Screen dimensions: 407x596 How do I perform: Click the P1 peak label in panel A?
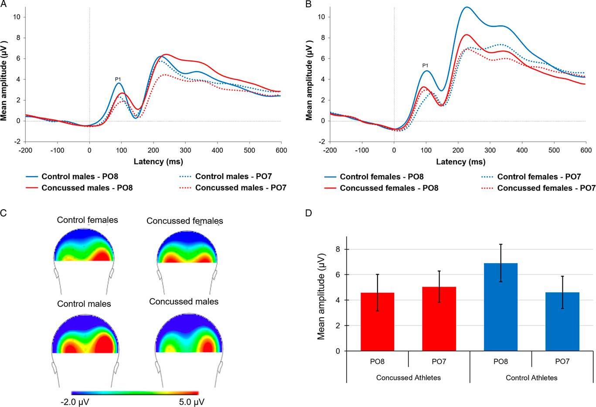[118, 79]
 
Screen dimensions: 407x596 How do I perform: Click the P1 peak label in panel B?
[425, 66]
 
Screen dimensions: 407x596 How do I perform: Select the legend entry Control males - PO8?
[79, 176]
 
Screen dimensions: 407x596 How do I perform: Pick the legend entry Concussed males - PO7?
[240, 188]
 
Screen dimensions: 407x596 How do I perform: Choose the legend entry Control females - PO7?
[539, 176]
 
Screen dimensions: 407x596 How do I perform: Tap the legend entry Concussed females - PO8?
[389, 188]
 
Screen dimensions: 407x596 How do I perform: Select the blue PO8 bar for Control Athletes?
[501, 307]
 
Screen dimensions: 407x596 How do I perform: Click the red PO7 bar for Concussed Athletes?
[439, 319]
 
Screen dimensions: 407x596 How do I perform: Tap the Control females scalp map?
[84, 246]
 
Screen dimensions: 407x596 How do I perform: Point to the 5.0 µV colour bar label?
[191, 402]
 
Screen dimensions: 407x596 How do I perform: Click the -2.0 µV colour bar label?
[75, 402]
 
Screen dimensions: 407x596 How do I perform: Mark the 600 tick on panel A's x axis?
[281, 150]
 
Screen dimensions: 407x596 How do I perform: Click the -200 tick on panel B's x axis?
[330, 150]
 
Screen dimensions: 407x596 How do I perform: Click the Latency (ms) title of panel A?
[158, 161]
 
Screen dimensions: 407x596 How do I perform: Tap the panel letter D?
[309, 214]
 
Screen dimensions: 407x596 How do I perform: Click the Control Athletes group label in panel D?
[531, 378]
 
